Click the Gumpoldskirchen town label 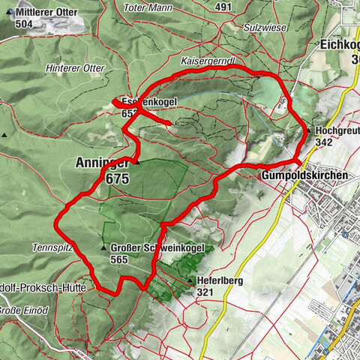tap(304, 175)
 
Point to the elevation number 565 tap(118, 259)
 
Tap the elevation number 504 tap(25, 23)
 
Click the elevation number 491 tap(223, 7)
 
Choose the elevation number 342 tap(325, 142)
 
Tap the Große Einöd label tap(22, 310)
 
